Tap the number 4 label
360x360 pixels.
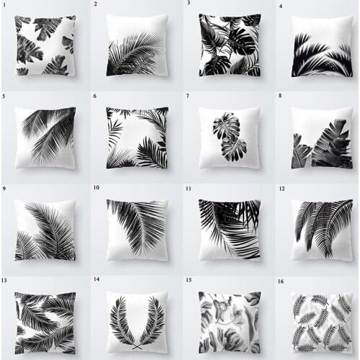click(x=281, y=6)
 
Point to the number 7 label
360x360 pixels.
click(x=187, y=95)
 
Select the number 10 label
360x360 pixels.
click(x=96, y=187)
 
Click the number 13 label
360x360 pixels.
click(x=5, y=280)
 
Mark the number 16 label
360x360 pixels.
click(x=282, y=280)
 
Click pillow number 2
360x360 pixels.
click(x=137, y=45)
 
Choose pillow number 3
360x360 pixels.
click(x=230, y=45)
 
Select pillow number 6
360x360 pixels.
click(x=137, y=138)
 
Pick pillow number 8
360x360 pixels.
click(x=322, y=138)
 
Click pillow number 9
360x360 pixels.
click(x=45, y=230)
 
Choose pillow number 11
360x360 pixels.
click(x=230, y=230)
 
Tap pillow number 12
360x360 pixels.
click(x=322, y=230)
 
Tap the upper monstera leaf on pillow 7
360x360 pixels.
click(x=227, y=126)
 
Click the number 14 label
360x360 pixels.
click(x=96, y=279)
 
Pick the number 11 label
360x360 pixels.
click(x=189, y=188)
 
